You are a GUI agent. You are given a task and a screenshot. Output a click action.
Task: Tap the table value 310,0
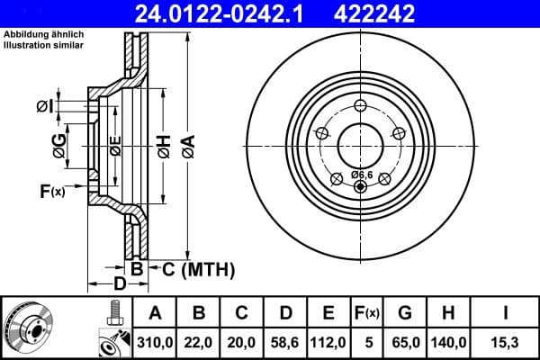(x=156, y=342)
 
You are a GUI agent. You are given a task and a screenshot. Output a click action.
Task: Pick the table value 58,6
(x=285, y=342)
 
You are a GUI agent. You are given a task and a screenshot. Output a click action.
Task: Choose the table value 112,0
(x=328, y=342)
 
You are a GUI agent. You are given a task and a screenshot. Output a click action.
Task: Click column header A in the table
(x=156, y=313)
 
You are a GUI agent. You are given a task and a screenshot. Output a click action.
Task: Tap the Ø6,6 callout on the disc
(x=362, y=174)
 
